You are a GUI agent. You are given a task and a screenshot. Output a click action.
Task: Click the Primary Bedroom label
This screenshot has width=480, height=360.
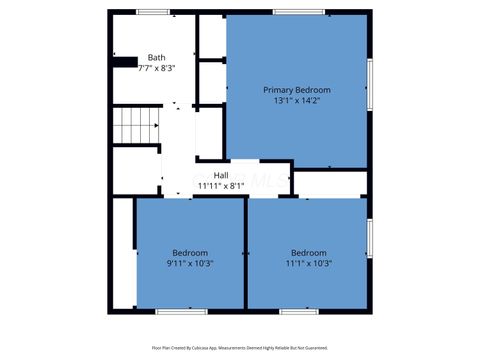tap(297, 90)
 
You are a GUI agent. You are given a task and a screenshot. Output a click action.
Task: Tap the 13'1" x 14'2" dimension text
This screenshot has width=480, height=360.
tap(297, 100)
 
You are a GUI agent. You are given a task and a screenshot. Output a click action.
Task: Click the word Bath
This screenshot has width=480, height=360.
tap(157, 57)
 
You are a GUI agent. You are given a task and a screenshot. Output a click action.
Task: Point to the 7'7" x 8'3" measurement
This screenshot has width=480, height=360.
tap(157, 67)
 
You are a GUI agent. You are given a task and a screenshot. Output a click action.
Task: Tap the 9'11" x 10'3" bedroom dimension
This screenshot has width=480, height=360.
tap(190, 263)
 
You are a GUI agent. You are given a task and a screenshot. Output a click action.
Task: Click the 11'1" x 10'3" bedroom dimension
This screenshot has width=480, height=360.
tap(309, 263)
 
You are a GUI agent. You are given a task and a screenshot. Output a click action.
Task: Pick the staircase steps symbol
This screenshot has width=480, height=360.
tap(135, 126)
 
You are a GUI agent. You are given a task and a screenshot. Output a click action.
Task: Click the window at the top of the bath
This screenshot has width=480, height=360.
tap(152, 12)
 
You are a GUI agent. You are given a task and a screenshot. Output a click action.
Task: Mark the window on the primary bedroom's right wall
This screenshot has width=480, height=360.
tap(370, 85)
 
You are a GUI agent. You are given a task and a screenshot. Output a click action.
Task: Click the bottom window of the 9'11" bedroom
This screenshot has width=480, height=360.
tap(182, 311)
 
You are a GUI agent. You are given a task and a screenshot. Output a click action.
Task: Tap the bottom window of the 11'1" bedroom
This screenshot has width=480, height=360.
tap(298, 311)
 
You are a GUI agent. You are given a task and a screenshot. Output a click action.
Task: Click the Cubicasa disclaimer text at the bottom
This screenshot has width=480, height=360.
tap(240, 348)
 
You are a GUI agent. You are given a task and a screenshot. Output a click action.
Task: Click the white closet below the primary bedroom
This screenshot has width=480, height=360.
tap(330, 184)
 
